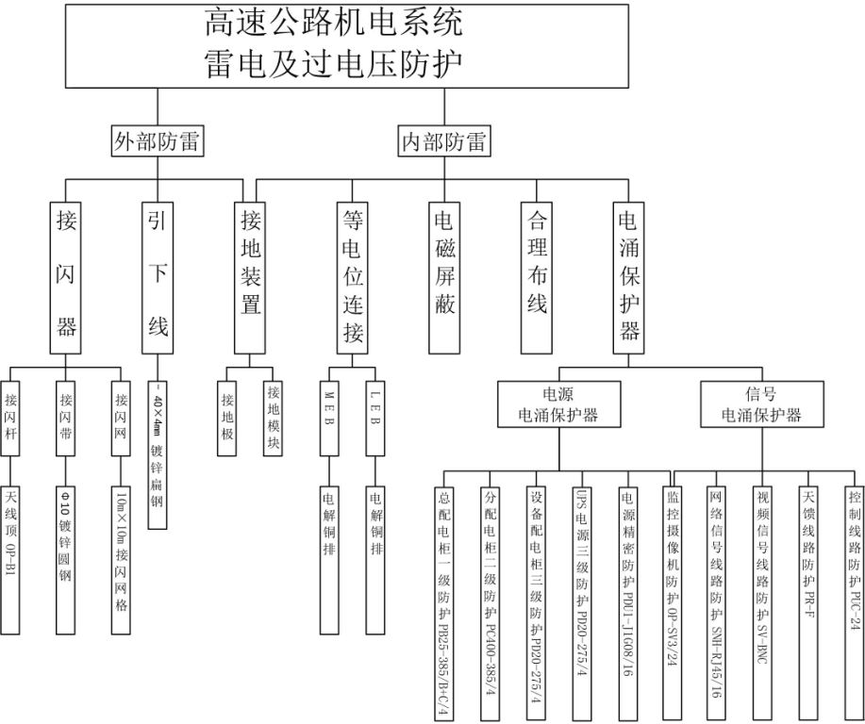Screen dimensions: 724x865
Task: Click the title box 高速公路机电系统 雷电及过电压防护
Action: [x=346, y=44]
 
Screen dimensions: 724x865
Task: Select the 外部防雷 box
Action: [x=158, y=142]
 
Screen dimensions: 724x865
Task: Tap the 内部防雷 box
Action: [x=443, y=142]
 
